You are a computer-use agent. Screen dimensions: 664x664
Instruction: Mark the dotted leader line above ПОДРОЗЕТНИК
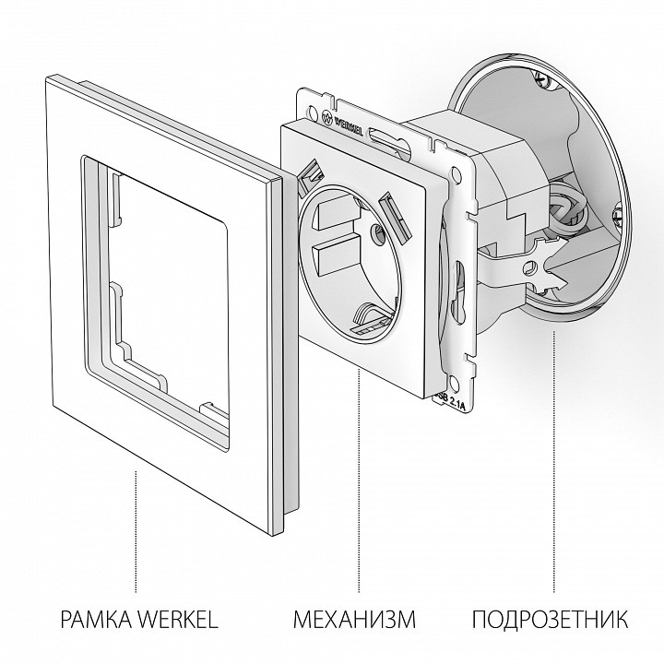(552, 461)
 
